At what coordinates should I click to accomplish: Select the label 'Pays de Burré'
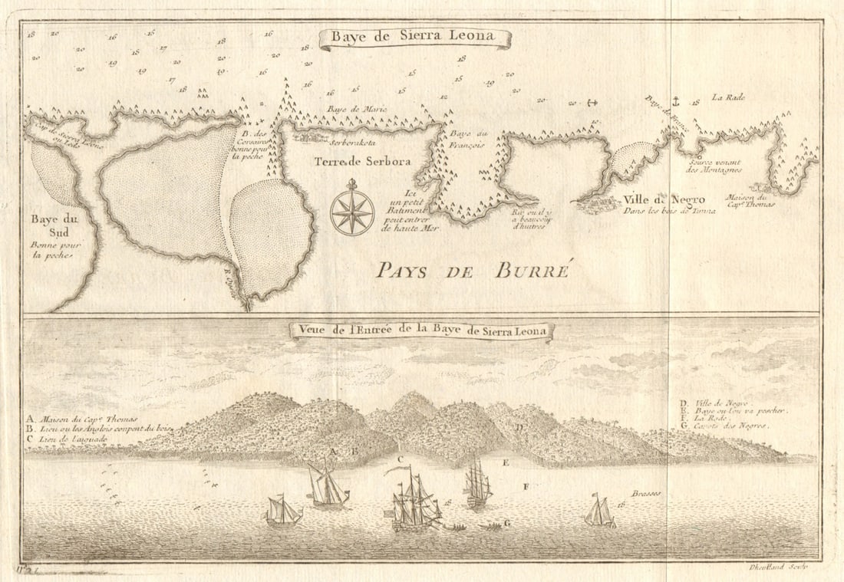point(472,270)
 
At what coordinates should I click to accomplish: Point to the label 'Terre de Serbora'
point(361,162)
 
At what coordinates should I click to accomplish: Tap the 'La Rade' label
point(727,97)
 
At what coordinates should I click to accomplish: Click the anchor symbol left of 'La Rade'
point(677,100)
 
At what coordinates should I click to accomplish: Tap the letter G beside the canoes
point(507,523)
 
